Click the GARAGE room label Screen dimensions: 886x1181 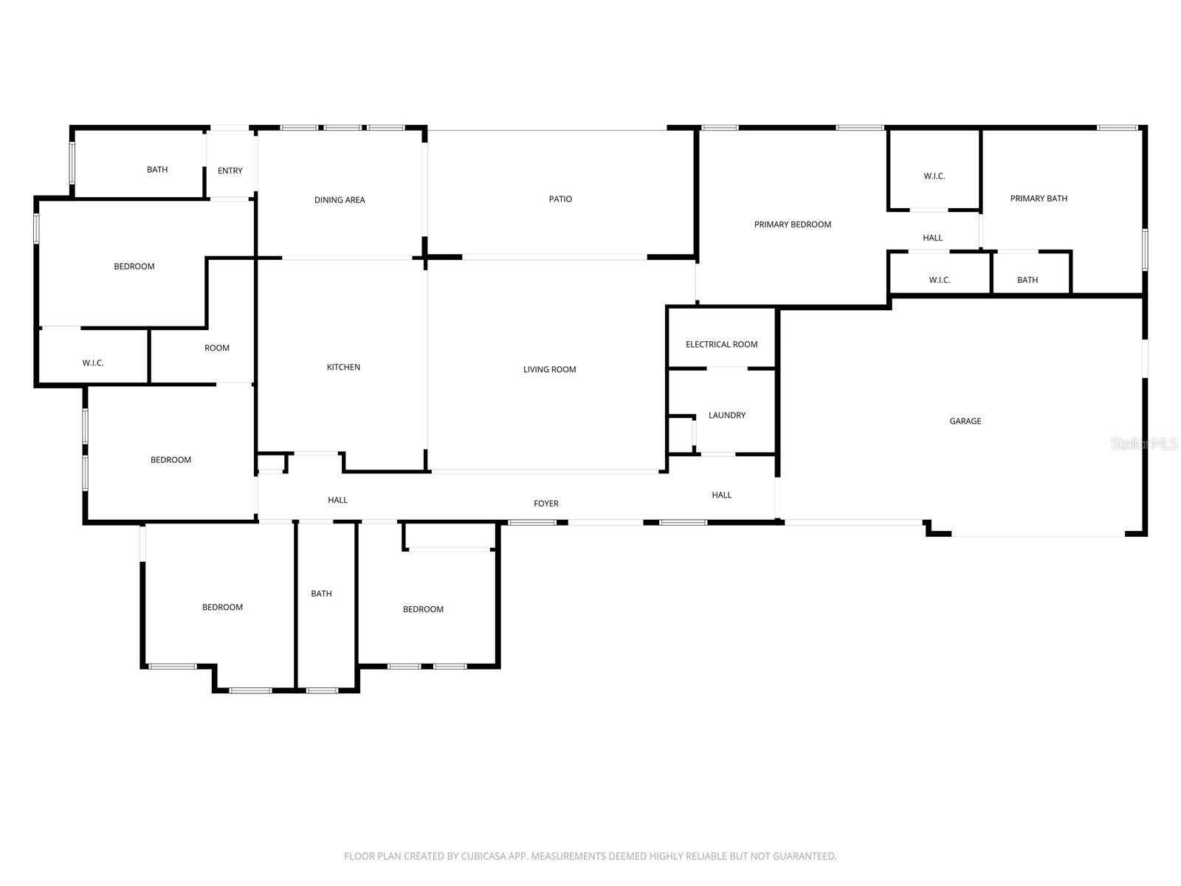click(965, 421)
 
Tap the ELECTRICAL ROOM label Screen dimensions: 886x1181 click(721, 344)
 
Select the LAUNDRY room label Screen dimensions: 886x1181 click(726, 415)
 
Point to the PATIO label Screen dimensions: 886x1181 click(560, 199)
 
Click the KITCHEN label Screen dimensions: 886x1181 click(343, 367)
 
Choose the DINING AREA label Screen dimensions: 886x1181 click(340, 199)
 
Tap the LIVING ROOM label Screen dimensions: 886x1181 click(549, 369)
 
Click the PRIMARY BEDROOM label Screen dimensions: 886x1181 click(792, 224)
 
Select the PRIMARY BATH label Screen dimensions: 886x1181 click(1039, 198)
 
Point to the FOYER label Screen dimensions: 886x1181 click(546, 504)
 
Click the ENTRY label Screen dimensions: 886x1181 click(230, 171)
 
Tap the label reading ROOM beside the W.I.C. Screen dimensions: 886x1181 click(217, 348)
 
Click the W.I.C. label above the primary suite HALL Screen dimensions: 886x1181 click(934, 176)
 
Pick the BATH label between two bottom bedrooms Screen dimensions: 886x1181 click(321, 594)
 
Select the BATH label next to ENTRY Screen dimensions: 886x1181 click(157, 170)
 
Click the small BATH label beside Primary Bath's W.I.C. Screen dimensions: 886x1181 click(1027, 280)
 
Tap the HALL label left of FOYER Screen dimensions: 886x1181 click(337, 500)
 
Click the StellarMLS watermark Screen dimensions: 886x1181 click(1144, 444)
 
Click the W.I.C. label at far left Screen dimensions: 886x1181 click(93, 363)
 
